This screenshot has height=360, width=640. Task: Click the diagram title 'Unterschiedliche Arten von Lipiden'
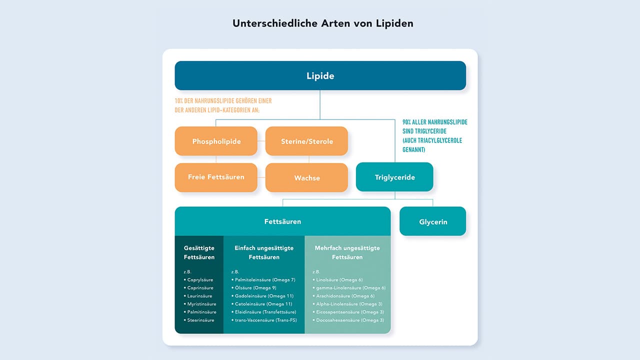click(323, 23)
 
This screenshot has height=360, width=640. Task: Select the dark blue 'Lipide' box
click(320, 76)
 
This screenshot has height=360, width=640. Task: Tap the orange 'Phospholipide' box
click(216, 141)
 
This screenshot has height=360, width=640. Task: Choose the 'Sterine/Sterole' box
click(306, 141)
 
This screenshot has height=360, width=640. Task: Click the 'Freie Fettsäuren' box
click(216, 177)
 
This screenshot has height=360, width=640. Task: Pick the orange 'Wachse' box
click(306, 177)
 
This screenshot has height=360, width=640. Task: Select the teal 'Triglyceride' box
click(394, 177)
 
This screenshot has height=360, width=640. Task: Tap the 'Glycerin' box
click(432, 221)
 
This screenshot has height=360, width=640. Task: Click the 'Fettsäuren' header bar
click(282, 221)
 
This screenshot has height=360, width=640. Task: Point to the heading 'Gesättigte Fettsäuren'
click(199, 252)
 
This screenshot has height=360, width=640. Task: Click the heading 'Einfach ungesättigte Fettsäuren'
click(264, 252)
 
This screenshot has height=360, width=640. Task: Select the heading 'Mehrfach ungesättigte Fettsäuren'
click(347, 252)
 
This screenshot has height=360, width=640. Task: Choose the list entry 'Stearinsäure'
click(200, 320)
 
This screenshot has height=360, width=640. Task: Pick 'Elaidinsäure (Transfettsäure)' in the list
click(265, 312)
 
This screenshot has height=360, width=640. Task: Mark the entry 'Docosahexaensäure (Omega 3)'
click(349, 320)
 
